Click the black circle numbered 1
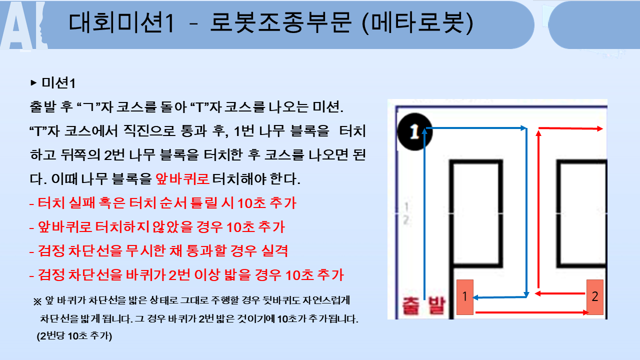pyautogui.click(x=414, y=131)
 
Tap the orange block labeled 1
pyautogui.click(x=465, y=297)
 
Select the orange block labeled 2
pyautogui.click(x=595, y=297)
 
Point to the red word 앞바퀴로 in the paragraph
pyautogui.click(x=182, y=179)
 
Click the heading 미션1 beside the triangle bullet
pyautogui.click(x=58, y=83)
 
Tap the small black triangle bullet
pyautogui.click(x=33, y=83)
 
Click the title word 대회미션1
pyautogui.click(x=121, y=23)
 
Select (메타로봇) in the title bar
pyautogui.click(x=417, y=23)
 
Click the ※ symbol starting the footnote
pyautogui.click(x=37, y=301)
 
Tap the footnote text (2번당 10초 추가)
pyautogui.click(x=74, y=336)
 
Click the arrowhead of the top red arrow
pyautogui.click(x=600, y=129)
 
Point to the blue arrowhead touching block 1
pyautogui.click(x=475, y=297)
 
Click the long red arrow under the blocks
pyautogui.click(x=531, y=312)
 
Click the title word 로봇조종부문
pyautogui.click(x=281, y=23)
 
